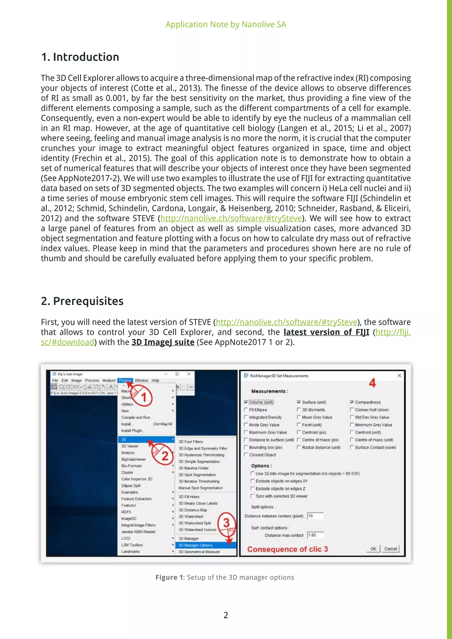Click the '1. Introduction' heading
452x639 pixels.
pos(80,57)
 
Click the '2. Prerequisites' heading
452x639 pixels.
pos(82,301)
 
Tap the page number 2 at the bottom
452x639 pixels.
pos(226,615)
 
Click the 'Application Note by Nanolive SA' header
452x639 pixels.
pos(226,24)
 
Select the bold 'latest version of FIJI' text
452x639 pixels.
pos(326,332)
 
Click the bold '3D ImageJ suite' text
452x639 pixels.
pos(163,342)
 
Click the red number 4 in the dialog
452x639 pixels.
pos(372,383)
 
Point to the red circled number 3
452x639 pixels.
pos(227,523)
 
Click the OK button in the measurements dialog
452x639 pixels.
pos(373,549)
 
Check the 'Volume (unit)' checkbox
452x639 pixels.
pos(246,402)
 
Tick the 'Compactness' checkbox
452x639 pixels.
pos(352,402)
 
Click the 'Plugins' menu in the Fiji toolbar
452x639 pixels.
pos(125,380)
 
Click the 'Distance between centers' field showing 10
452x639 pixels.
pos(315,516)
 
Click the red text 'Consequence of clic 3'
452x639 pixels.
pos(288,549)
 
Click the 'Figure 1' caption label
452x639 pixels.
pos(169,577)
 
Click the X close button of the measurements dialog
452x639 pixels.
pos(399,376)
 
